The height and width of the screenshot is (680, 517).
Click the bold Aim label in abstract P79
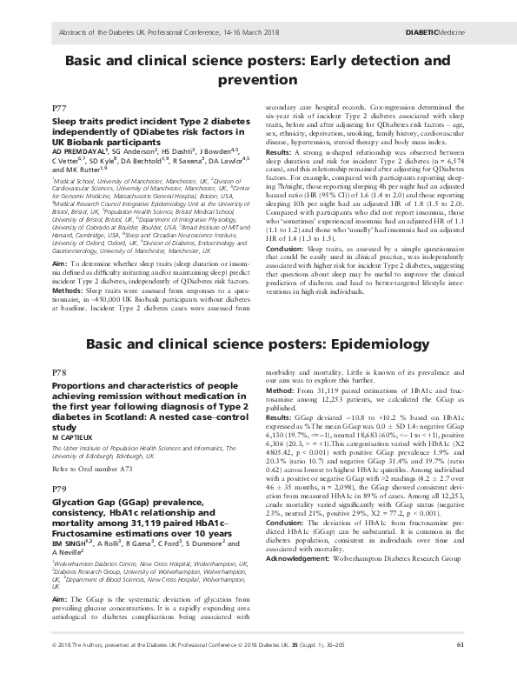60,600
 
